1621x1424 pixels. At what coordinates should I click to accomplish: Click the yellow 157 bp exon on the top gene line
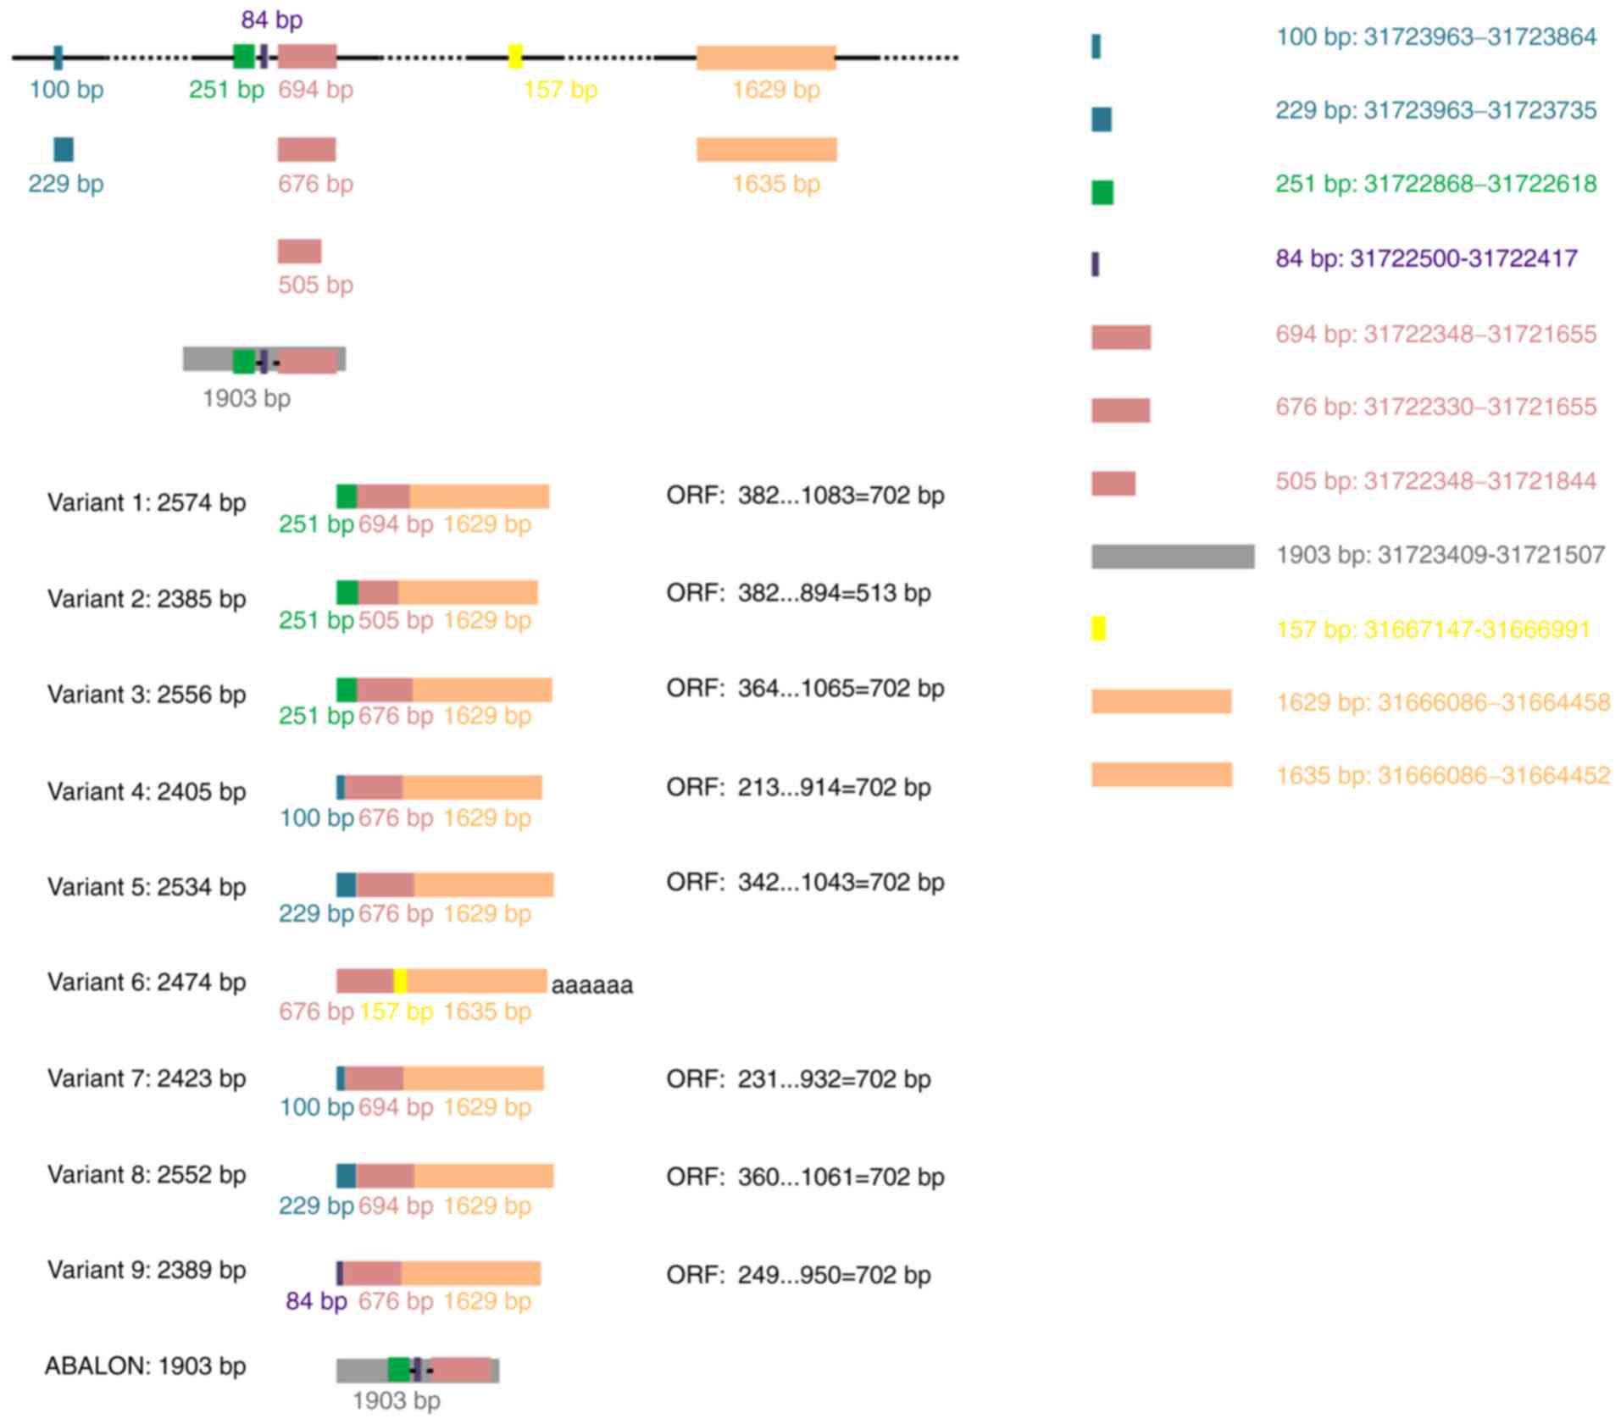[x=514, y=57]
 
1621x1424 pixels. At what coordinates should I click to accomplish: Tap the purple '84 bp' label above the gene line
[x=271, y=19]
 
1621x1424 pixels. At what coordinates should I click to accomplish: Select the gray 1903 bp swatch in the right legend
[x=1172, y=556]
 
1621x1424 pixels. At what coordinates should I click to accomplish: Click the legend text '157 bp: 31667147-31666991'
[x=1433, y=629]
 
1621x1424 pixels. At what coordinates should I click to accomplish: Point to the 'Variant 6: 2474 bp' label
[x=147, y=982]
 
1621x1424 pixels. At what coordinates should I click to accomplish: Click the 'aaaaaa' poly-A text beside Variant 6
[x=591, y=985]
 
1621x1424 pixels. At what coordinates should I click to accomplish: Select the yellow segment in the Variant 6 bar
[x=400, y=981]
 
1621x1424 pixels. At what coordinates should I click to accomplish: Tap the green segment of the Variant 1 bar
[x=347, y=496]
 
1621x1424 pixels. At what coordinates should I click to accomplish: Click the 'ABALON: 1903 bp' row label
[x=146, y=1366]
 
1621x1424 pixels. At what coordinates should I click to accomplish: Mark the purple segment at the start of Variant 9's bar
[x=340, y=1273]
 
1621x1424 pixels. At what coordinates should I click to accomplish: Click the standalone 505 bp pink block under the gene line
[x=299, y=252]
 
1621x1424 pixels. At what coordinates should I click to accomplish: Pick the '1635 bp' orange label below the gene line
[x=775, y=184]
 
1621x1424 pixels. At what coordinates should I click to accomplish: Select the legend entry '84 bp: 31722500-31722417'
[x=1426, y=258]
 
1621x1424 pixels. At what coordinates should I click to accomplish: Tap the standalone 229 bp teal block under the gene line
[x=64, y=149]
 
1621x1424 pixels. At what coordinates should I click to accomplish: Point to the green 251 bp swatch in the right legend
[x=1102, y=193]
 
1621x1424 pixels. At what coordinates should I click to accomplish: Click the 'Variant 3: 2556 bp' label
[x=147, y=694]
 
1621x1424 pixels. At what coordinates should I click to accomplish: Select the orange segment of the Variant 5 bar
[x=483, y=884]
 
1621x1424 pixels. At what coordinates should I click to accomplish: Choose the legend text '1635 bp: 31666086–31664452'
[x=1442, y=775]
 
